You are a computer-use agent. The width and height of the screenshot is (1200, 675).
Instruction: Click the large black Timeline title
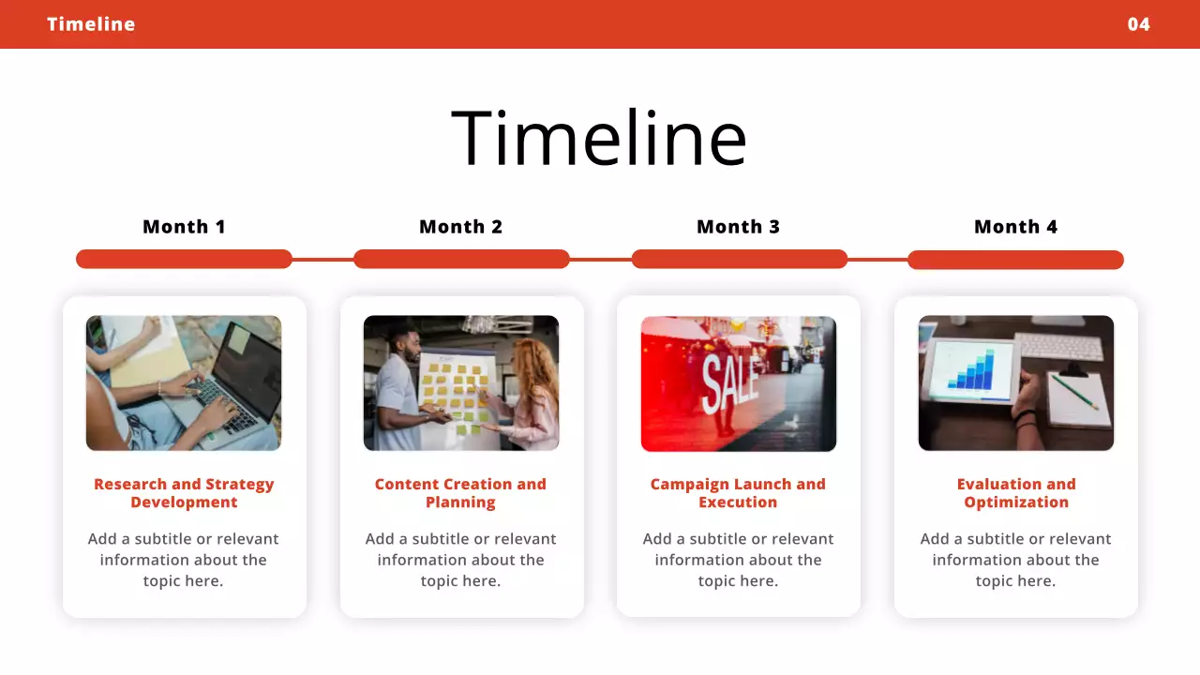click(599, 138)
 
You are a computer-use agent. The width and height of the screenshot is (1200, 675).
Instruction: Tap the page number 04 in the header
click(1138, 24)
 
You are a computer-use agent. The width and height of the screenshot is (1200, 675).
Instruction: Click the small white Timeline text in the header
click(91, 24)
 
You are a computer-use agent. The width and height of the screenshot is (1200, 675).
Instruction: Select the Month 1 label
click(184, 227)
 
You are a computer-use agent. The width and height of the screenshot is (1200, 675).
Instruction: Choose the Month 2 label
click(460, 227)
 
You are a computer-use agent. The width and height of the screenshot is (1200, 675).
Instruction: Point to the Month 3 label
click(738, 227)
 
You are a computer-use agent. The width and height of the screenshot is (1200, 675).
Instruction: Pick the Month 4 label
click(1015, 227)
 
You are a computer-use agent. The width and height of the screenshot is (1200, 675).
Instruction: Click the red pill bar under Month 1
click(184, 259)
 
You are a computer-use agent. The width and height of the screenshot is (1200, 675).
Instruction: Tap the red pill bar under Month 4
click(1015, 260)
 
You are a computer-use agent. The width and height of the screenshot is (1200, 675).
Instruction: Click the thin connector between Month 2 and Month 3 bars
click(600, 259)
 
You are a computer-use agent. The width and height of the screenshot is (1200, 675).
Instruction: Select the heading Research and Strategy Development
click(184, 493)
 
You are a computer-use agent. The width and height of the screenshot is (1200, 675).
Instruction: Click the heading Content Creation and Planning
click(460, 493)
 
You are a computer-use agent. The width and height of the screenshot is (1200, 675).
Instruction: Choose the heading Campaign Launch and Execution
click(738, 493)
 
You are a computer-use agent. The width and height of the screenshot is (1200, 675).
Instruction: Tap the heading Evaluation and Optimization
click(1015, 493)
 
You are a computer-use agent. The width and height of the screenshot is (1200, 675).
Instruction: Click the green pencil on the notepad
click(1073, 391)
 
